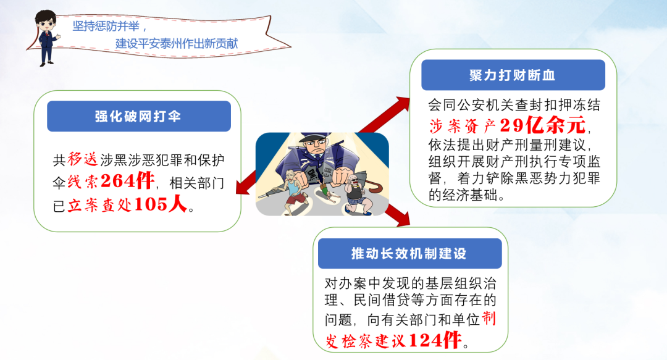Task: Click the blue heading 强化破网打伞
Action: (x=138, y=116)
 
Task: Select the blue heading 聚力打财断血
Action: (x=513, y=75)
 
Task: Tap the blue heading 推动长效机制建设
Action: (x=409, y=254)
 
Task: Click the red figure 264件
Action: (x=128, y=181)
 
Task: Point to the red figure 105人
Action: (x=161, y=204)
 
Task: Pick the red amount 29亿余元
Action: (x=543, y=125)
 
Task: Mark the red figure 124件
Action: (x=435, y=340)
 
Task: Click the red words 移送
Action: (x=83, y=159)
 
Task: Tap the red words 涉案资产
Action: (x=463, y=125)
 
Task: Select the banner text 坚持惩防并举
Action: (x=106, y=27)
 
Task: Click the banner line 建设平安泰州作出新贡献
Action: (x=177, y=43)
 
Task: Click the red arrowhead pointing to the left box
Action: (x=243, y=185)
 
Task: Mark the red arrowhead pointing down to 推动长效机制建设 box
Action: (x=402, y=217)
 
